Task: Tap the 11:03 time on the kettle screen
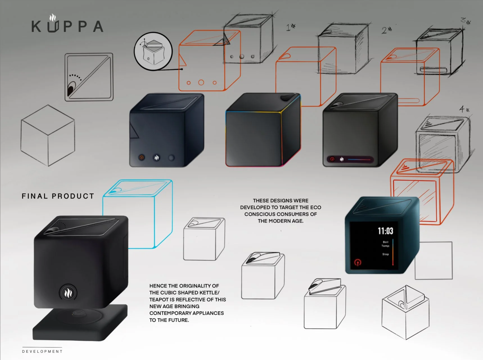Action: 385,231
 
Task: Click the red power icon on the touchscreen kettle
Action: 358,262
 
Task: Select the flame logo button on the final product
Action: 68,293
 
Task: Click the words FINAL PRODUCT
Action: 58,196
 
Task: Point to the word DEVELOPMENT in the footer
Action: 42,351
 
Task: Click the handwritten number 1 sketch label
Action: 290,27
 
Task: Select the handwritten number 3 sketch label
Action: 465,21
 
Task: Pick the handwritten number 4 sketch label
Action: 464,109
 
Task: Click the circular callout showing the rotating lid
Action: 153,51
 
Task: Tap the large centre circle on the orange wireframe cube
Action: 201,82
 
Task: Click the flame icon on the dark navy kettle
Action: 157,158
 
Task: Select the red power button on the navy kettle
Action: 141,157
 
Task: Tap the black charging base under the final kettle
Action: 80,323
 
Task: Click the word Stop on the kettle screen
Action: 385,254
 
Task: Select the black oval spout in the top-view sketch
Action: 71,89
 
